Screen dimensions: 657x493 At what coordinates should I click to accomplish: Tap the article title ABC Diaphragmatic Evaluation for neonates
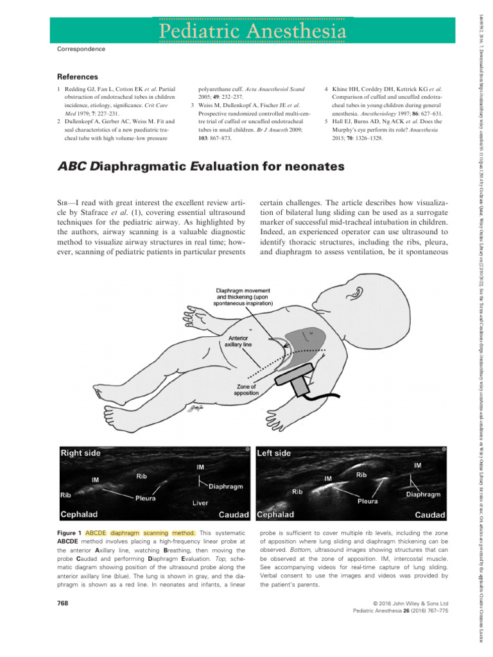point(200,167)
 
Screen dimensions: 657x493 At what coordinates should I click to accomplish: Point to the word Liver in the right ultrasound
point(200,503)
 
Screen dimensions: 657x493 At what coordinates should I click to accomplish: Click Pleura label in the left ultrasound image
point(368,501)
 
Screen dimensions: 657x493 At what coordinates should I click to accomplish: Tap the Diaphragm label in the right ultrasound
point(225,487)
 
